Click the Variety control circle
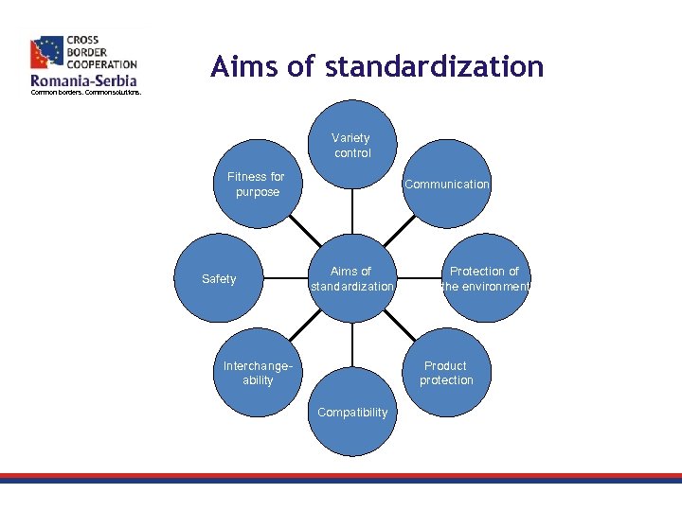[x=351, y=145]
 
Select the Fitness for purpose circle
[x=257, y=184]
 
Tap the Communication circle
[x=446, y=184]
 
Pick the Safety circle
[x=219, y=278]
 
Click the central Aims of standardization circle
[x=351, y=278]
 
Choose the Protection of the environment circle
[x=484, y=278]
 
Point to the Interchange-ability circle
[x=257, y=373]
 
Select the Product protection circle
[x=446, y=373]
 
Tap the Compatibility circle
[x=351, y=412]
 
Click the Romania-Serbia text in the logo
[x=83, y=81]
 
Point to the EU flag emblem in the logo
[x=46, y=54]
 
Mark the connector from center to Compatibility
[x=351, y=345]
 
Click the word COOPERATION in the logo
[x=101, y=63]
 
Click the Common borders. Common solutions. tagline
[x=86, y=93]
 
